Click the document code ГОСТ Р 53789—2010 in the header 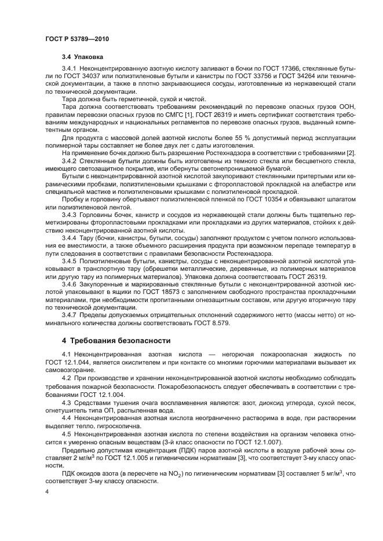(x=76, y=38)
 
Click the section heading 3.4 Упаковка (x=82, y=57)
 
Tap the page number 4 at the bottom (x=47, y=492)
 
